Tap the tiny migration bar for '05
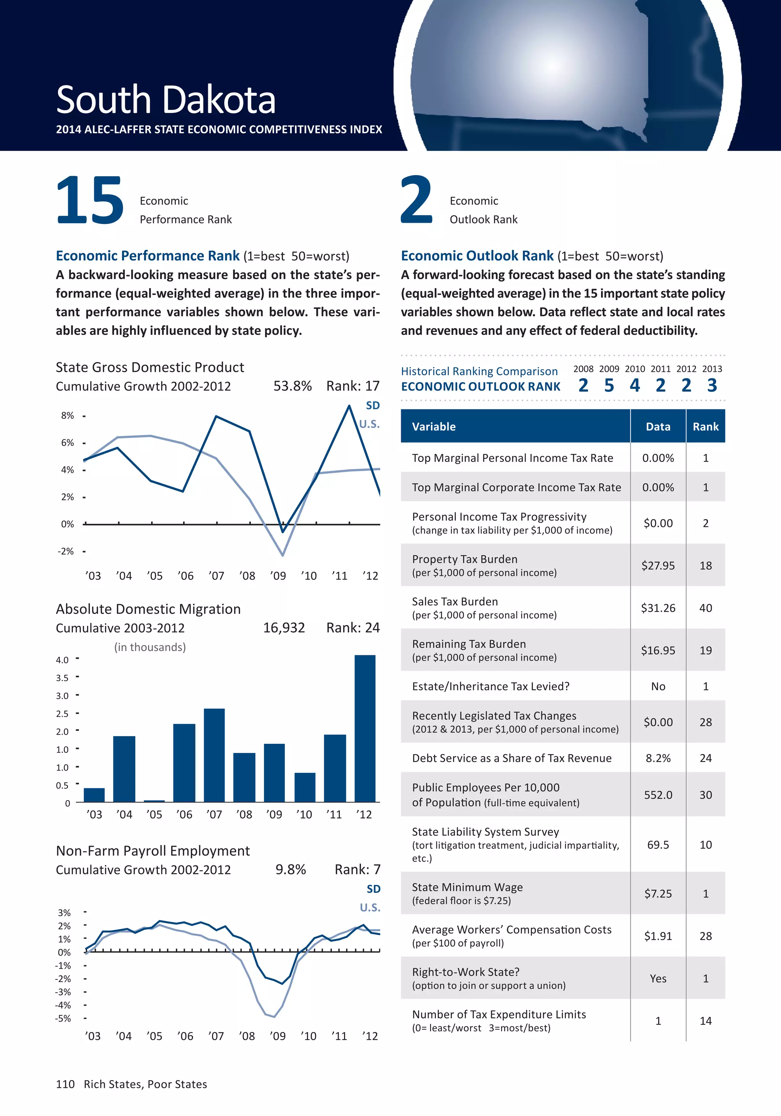click(x=154, y=801)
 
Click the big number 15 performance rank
click(x=90, y=200)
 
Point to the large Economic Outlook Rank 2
click(x=416, y=200)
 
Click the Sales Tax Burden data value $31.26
click(x=658, y=608)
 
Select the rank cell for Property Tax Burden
click(x=705, y=566)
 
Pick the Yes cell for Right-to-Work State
click(x=658, y=978)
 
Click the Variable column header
click(x=434, y=427)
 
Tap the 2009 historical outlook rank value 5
click(x=609, y=386)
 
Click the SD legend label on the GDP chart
click(x=373, y=405)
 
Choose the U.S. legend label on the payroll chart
click(x=370, y=907)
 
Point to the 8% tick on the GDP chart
click(x=67, y=416)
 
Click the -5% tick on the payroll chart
click(x=63, y=1018)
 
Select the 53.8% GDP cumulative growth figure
click(x=292, y=386)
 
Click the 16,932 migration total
click(x=284, y=628)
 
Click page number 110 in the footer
click(x=65, y=1084)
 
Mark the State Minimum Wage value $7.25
click(x=658, y=893)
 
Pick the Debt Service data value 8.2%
click(x=658, y=758)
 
